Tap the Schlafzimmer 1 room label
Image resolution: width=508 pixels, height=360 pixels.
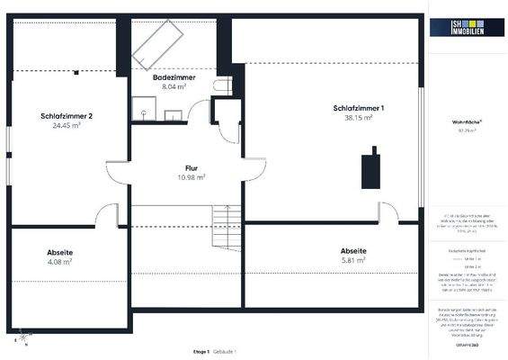point(359,108)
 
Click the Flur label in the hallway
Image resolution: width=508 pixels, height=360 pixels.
point(192,168)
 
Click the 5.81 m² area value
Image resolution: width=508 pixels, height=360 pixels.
point(353,259)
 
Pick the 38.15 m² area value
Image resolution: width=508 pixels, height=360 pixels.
point(359,118)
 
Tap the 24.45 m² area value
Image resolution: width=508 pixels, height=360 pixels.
point(66,126)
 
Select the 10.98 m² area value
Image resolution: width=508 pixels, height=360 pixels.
point(192,177)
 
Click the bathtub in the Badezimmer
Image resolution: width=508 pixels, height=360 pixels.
point(161,42)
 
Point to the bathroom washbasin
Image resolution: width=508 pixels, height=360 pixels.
point(173,113)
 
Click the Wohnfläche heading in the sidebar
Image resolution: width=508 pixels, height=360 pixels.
point(468,121)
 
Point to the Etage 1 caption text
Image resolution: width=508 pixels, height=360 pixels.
point(201,349)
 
